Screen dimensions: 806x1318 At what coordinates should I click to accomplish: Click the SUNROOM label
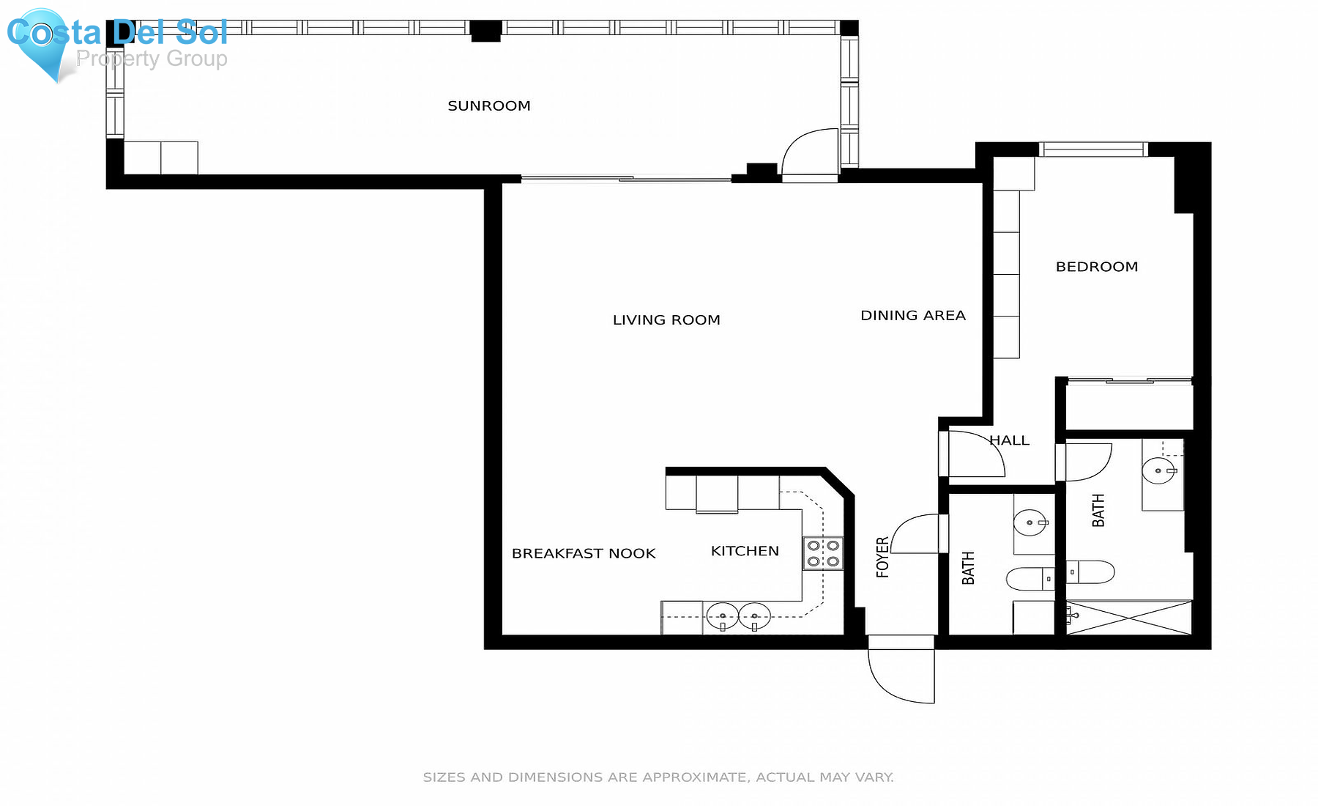tap(489, 106)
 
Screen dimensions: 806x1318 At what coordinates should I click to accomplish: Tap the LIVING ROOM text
tap(666, 320)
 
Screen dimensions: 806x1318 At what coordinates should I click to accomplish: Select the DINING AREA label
tap(912, 316)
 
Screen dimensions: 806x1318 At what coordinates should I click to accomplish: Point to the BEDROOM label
tap(1096, 267)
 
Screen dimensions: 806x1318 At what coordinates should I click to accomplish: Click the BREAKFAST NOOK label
tap(584, 554)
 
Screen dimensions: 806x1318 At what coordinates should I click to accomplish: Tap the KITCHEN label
tap(745, 551)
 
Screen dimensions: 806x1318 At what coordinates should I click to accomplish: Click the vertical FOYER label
tap(883, 557)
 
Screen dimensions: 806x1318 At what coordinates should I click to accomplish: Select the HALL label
tap(1010, 440)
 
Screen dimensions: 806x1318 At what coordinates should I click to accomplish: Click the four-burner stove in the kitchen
tap(823, 554)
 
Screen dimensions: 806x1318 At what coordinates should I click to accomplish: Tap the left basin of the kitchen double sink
tap(723, 616)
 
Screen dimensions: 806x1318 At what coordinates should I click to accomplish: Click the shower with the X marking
tap(1129, 618)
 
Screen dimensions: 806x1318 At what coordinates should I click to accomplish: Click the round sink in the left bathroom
tap(1031, 522)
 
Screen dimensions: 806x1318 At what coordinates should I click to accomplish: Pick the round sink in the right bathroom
tap(1160, 470)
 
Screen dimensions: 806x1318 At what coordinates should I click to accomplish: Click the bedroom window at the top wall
tap(1093, 149)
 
